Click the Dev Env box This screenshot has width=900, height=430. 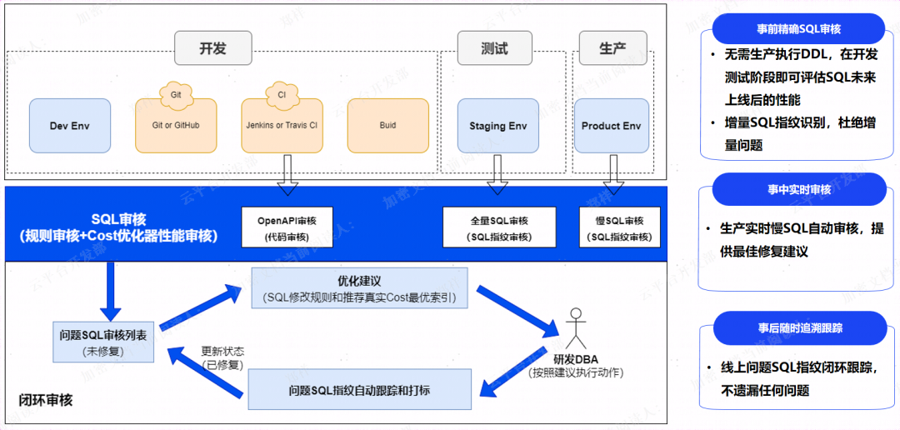point(70,126)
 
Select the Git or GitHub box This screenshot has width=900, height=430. point(176,126)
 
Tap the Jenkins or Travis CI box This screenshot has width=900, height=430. point(282,126)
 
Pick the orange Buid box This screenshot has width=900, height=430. point(387,126)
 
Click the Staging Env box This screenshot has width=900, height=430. point(498,126)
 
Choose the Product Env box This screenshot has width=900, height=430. point(612,126)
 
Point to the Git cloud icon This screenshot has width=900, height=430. point(176,94)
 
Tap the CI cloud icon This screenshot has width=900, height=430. point(282,94)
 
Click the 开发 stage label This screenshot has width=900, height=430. point(213,48)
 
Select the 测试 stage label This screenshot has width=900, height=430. point(495,48)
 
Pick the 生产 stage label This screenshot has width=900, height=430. point(612,48)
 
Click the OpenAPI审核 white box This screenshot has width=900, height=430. point(287,228)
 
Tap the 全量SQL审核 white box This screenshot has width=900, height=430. point(499,228)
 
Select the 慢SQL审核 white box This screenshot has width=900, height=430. point(619,228)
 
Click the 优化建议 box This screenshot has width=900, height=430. point(360,288)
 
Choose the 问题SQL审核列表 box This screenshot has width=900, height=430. point(104,342)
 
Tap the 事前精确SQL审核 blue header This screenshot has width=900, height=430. point(797,29)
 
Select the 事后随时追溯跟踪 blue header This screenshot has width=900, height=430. point(797,327)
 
